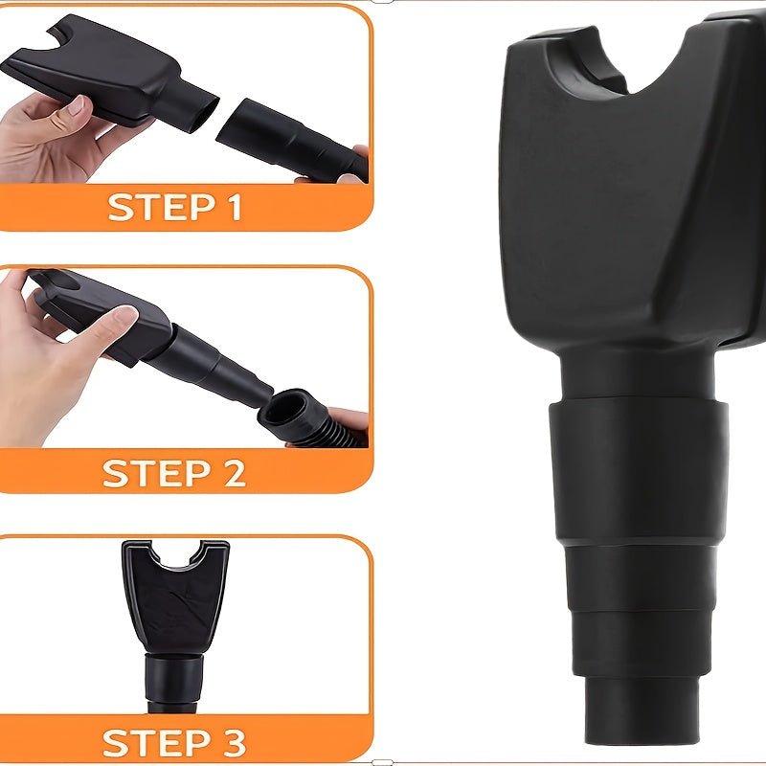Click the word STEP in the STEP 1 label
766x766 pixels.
[162, 207]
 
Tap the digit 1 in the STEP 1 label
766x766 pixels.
[234, 207]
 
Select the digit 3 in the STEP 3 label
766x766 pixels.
[232, 743]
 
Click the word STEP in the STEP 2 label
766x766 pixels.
[156, 473]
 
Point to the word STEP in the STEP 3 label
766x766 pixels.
[156, 743]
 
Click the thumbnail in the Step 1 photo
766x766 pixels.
[77, 104]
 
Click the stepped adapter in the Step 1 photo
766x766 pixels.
[292, 140]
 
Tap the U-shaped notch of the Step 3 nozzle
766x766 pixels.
[175, 557]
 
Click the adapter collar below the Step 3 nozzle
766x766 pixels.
[174, 679]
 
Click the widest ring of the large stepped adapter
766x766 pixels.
[638, 471]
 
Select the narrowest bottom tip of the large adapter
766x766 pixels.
[639, 713]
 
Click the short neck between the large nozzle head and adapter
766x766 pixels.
[638, 376]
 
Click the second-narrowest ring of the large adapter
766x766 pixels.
[639, 644]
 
